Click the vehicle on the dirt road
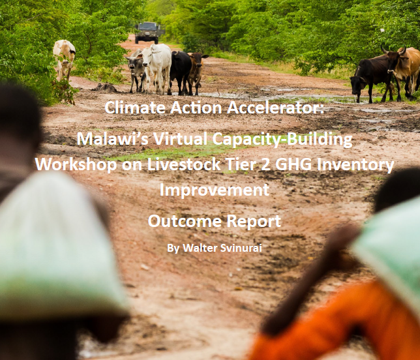coord(149,33)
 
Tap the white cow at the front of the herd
coord(156,67)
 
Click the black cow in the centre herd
coord(180,71)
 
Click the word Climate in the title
coord(135,108)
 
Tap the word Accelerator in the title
coord(276,108)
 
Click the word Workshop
coord(76,164)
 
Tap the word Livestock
coord(184,164)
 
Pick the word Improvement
coord(215,190)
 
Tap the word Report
coord(254,222)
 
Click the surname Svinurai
coord(241,248)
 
